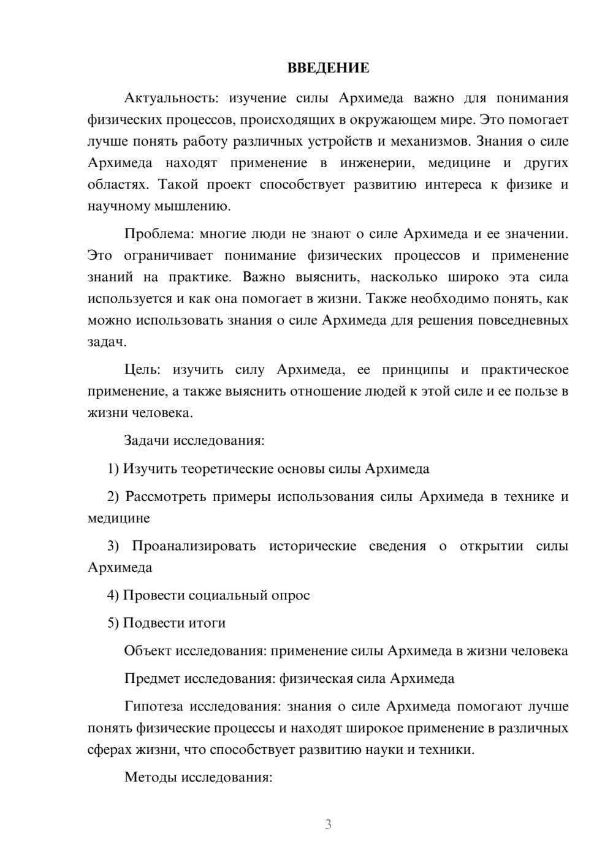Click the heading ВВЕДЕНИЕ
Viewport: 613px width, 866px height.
click(328, 68)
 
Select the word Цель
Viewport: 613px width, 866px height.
click(142, 370)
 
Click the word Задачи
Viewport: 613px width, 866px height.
click(147, 440)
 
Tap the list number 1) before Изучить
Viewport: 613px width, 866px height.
click(113, 469)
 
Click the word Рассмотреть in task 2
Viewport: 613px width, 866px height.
click(165, 497)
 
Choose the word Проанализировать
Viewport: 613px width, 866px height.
click(194, 546)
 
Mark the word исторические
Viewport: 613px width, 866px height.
click(313, 546)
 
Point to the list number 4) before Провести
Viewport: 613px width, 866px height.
click(113, 595)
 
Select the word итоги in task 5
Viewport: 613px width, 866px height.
click(205, 623)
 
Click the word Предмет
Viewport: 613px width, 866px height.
click(152, 679)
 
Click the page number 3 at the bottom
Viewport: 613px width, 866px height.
click(328, 824)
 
